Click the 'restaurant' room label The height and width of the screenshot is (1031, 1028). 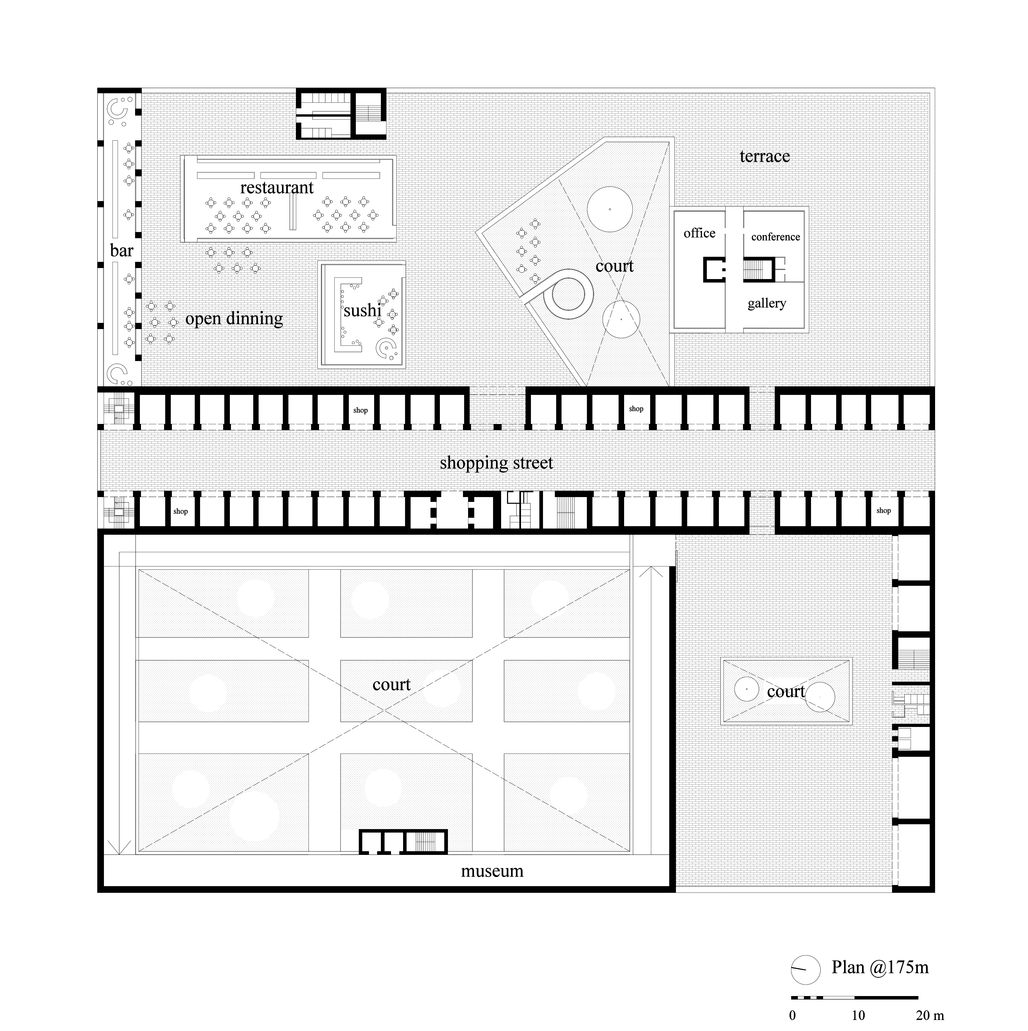pos(277,188)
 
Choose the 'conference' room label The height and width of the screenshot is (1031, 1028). pos(776,237)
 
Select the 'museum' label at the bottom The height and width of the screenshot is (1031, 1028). pos(492,871)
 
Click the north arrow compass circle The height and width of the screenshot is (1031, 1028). pos(806,984)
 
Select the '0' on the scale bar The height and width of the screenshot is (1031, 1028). pos(793,1015)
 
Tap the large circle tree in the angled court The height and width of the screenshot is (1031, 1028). pos(610,209)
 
